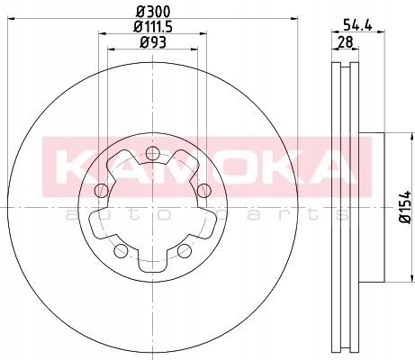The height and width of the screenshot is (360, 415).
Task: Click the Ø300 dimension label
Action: pyautogui.click(x=153, y=12)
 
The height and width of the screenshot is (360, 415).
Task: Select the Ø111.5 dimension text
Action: pyautogui.click(x=153, y=27)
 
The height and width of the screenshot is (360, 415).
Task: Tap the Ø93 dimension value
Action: pyautogui.click(x=153, y=42)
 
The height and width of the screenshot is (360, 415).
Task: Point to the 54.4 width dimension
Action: pyautogui.click(x=357, y=24)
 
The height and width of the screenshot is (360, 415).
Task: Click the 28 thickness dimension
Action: pyautogui.click(x=346, y=41)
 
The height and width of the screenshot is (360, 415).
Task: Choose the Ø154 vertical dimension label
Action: pyautogui.click(x=406, y=207)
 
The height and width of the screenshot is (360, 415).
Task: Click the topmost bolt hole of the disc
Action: pyautogui.click(x=152, y=153)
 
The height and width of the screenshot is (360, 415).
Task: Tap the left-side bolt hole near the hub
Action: pyautogui.click(x=101, y=190)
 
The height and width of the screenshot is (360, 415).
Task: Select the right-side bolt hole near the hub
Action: pyautogui.click(x=204, y=190)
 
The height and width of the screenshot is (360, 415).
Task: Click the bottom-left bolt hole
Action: pyautogui.click(x=121, y=250)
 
